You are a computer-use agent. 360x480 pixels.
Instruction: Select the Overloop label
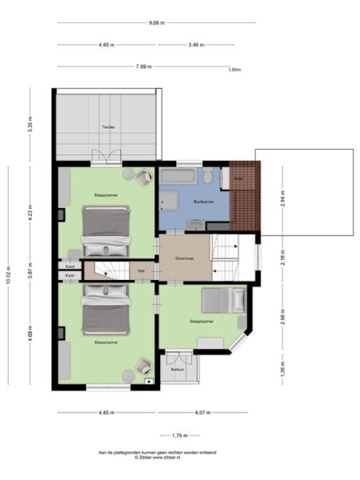185,258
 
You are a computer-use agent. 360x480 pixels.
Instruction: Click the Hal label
141,271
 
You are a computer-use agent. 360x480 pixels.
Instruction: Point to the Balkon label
178,370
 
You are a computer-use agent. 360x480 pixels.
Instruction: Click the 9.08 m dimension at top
157,22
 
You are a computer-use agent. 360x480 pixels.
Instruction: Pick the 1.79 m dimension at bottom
179,435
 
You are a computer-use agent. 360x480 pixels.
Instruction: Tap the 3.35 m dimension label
30,126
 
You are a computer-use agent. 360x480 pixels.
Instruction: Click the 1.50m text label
234,70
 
